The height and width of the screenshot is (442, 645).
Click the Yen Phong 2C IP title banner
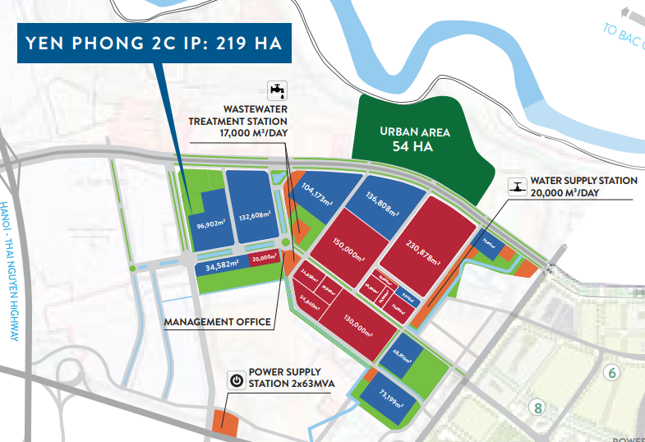[154, 45]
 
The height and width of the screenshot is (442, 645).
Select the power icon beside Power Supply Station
[236, 381]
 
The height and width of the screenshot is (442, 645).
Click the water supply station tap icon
[517, 186]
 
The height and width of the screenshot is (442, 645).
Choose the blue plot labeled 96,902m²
[210, 222]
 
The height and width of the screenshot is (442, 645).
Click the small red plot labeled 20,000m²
[265, 257]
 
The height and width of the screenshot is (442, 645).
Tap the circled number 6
[610, 372]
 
